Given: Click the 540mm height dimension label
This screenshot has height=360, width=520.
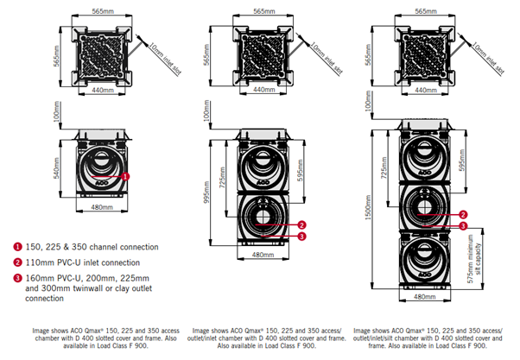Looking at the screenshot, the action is (57, 168).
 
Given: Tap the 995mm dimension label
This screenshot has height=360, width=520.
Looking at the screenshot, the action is (206, 193).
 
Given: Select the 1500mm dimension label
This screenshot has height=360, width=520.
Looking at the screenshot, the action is (369, 207).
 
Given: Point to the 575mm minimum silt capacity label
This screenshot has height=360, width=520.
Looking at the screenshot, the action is (474, 259).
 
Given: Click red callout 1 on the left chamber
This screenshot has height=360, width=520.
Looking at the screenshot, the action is (125, 177).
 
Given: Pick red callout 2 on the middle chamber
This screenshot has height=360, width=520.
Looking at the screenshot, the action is (301, 225).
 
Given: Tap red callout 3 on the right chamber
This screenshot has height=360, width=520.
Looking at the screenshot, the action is (463, 226).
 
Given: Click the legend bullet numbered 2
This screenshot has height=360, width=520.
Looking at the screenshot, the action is (17, 262).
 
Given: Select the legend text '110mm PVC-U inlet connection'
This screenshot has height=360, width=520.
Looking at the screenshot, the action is (83, 262).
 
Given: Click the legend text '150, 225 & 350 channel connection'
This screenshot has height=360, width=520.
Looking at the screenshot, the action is (92, 247).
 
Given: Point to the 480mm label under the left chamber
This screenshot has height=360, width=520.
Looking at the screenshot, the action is (102, 207).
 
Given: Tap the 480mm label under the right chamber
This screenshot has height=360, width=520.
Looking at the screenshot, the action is (424, 297).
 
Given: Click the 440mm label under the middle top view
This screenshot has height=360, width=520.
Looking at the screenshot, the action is (264, 90).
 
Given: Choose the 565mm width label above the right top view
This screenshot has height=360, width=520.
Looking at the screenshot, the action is (426, 11).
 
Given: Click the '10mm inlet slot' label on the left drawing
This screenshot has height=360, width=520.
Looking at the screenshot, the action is (165, 59).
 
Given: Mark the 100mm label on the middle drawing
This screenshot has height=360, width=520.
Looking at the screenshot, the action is (206, 111).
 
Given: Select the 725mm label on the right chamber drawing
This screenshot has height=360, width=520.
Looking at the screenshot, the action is (384, 167).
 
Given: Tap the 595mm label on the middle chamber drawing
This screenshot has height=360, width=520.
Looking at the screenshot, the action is (300, 170).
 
